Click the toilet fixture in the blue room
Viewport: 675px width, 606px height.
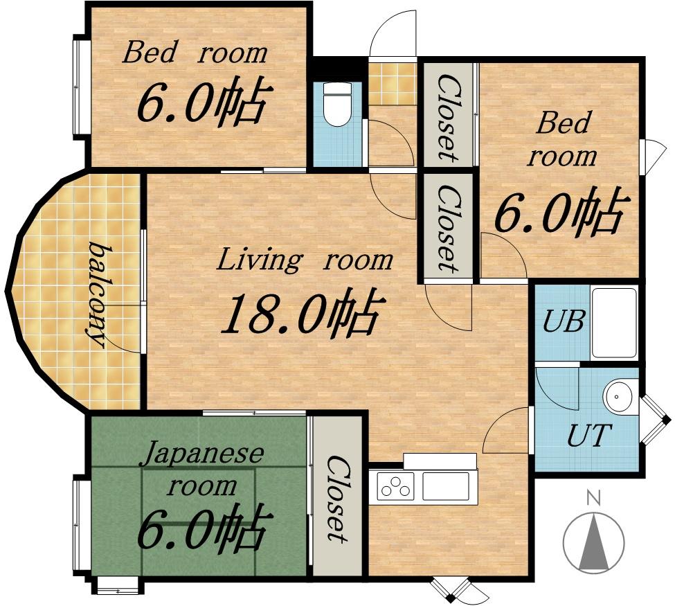[338, 104]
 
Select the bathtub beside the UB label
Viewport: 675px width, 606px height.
[614, 323]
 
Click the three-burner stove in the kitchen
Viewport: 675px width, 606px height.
[395, 485]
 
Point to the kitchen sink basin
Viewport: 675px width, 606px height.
[446, 485]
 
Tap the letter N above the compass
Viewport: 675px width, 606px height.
[594, 498]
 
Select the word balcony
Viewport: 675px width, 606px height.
[98, 294]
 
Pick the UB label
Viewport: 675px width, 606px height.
[564, 321]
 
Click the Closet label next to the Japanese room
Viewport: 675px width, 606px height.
[337, 499]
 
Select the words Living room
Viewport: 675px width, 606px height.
[305, 260]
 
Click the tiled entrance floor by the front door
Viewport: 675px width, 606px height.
[393, 84]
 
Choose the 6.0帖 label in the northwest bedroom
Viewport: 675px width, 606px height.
[205, 100]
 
